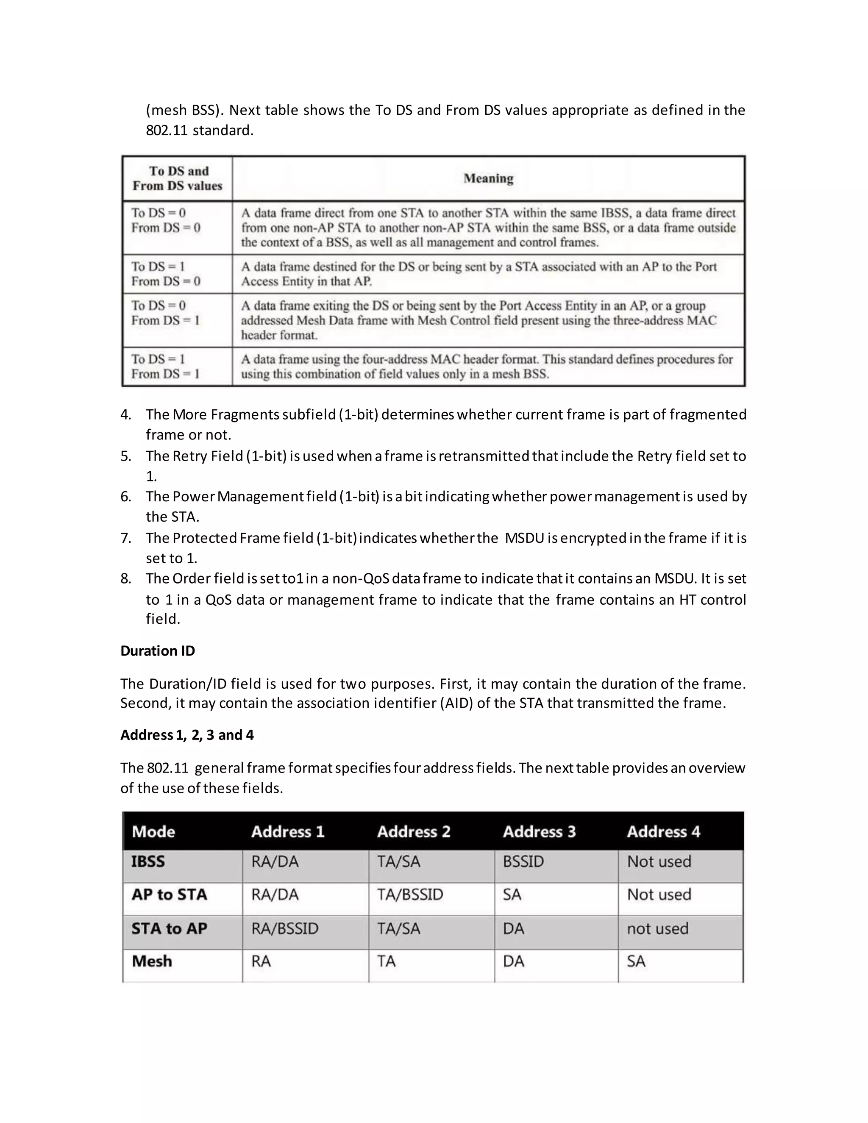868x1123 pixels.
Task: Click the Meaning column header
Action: click(x=488, y=178)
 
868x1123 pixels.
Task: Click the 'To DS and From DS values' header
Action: click(x=178, y=178)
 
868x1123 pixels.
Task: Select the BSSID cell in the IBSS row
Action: click(x=523, y=861)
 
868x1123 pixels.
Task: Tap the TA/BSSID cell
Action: click(x=410, y=894)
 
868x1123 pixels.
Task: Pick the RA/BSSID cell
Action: click(x=285, y=928)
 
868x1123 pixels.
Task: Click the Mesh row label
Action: click(x=152, y=961)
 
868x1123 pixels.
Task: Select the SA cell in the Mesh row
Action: click(x=636, y=961)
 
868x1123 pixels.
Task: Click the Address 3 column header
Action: click(x=539, y=831)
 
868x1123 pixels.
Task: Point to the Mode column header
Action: click(x=153, y=831)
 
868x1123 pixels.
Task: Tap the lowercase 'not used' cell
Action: click(x=657, y=928)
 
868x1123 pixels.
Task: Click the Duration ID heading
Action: click(x=157, y=651)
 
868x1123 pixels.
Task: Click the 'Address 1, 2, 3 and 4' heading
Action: click(x=186, y=735)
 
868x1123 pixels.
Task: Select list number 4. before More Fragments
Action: click(x=125, y=414)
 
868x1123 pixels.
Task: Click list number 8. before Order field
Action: click(x=125, y=578)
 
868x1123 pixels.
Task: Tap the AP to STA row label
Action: click(x=169, y=894)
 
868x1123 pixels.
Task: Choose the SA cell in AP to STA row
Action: click(x=512, y=894)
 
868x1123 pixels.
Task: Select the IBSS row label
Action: click(x=148, y=861)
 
